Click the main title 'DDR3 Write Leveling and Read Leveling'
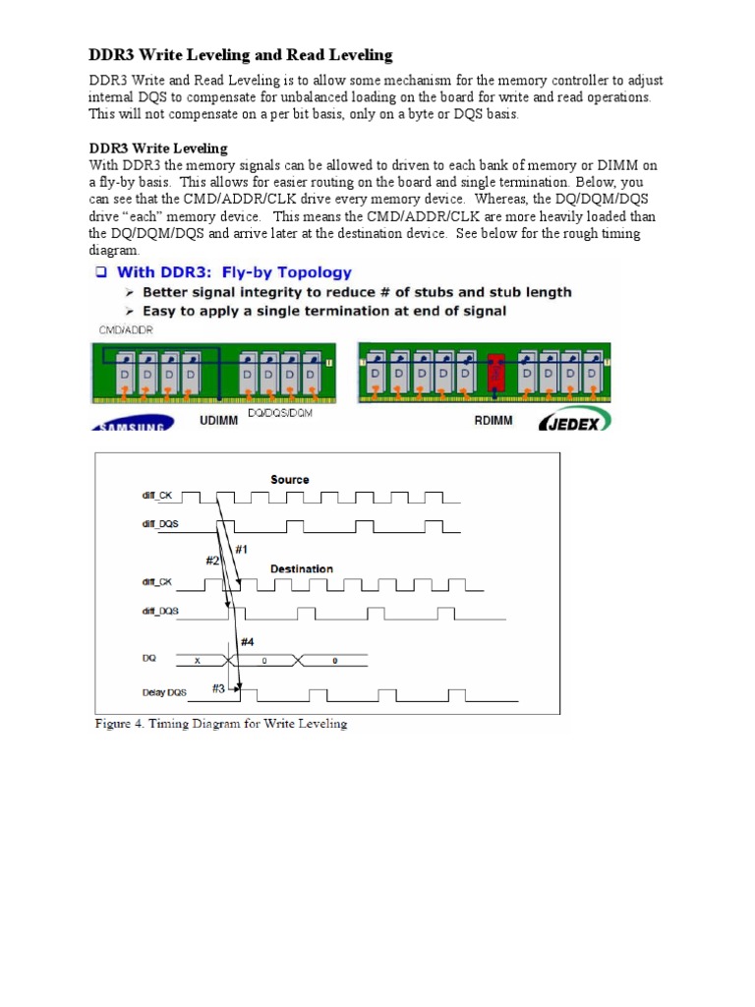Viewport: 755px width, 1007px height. tap(241, 55)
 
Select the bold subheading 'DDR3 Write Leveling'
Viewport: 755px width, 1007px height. tap(158, 148)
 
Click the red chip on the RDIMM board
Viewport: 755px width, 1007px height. tap(495, 375)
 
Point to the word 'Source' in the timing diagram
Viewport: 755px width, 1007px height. tap(289, 480)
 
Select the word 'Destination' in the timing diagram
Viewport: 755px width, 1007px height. tap(302, 568)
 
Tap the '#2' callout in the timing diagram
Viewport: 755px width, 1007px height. tap(212, 560)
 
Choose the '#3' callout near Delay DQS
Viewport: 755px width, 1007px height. tap(218, 688)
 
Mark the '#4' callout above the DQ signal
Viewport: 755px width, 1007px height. tap(248, 641)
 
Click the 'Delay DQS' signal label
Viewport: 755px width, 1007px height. tap(163, 692)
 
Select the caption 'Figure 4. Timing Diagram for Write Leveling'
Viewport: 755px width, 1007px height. tap(221, 725)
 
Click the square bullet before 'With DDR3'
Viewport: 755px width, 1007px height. tap(101, 272)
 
